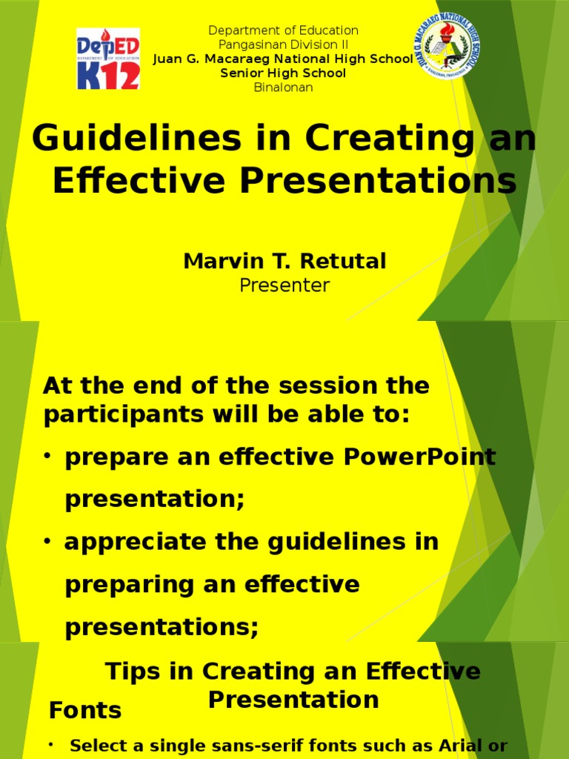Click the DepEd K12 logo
(108, 59)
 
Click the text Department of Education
(283, 30)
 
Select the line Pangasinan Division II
(283, 44)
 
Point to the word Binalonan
(283, 87)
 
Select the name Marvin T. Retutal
(284, 261)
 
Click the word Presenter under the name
(284, 285)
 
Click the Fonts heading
(85, 711)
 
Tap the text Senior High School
(283, 73)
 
